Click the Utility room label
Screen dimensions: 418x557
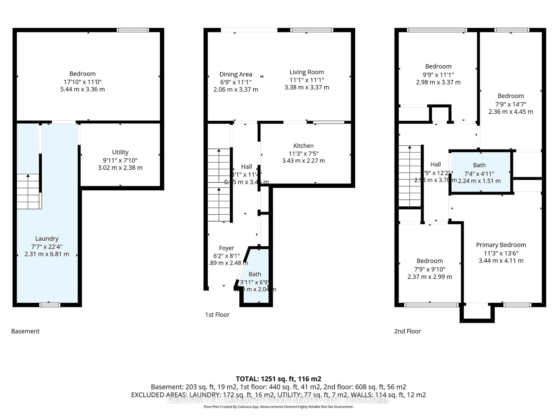point(120,152)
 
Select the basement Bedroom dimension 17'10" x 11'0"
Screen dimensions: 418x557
point(83,82)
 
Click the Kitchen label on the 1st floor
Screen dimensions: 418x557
point(303,146)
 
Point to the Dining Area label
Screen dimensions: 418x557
point(236,74)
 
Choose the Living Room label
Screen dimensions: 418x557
point(307,72)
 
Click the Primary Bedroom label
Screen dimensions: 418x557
point(501,245)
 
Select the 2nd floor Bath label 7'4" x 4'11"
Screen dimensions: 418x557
point(479,174)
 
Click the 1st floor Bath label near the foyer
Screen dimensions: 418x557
point(255,274)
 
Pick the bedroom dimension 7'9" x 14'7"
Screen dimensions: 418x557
point(511,104)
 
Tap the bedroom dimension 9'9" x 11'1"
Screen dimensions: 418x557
point(438,75)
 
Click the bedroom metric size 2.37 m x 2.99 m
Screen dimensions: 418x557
point(430,277)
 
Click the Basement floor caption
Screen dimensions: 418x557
point(25,331)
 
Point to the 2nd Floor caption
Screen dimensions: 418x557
point(407,331)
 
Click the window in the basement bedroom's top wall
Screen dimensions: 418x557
point(133,30)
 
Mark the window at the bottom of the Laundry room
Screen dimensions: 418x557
point(50,305)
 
